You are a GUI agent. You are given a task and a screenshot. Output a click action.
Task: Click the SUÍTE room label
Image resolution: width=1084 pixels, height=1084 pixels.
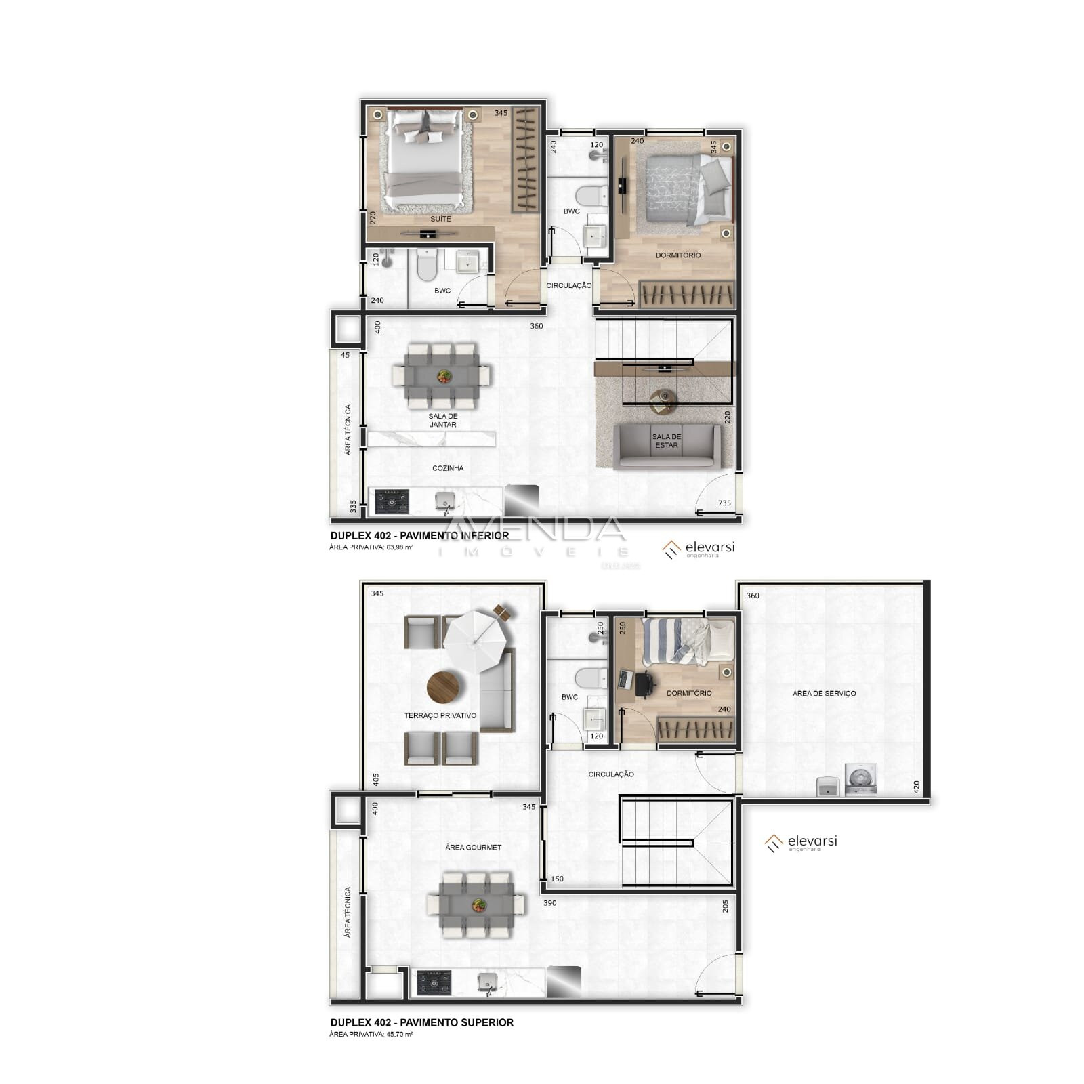tap(440, 219)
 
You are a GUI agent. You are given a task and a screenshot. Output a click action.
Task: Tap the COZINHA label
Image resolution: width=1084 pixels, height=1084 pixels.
tap(448, 468)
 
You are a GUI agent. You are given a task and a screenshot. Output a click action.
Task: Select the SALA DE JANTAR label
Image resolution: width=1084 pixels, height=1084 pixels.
tap(442, 421)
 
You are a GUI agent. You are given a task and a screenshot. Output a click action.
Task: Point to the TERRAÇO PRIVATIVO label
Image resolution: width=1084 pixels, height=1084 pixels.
tap(440, 715)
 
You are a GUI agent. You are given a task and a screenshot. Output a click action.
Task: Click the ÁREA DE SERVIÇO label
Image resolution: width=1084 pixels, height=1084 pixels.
tap(824, 693)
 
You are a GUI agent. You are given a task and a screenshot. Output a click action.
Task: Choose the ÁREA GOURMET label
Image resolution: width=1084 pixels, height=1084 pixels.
tap(474, 847)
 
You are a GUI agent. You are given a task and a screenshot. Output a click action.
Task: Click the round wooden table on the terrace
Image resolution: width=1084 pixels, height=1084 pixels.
tap(442, 687)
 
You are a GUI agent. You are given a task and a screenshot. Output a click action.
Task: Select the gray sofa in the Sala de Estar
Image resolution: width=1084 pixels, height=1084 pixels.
tap(667, 446)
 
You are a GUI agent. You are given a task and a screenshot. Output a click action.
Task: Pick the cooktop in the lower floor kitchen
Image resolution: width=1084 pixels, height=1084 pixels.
tap(392, 501)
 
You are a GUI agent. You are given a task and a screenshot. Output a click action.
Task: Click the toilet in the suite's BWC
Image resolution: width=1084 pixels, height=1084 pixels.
tap(427, 266)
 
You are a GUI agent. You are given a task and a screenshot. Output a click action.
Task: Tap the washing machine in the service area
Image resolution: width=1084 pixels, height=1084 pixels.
tap(860, 779)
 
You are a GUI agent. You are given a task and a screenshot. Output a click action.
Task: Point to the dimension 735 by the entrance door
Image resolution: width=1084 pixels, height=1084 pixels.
tap(724, 503)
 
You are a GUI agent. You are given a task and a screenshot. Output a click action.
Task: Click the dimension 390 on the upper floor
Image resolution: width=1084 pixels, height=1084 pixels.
tap(549, 903)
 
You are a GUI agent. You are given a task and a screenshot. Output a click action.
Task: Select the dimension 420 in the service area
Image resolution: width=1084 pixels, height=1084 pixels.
tap(917, 787)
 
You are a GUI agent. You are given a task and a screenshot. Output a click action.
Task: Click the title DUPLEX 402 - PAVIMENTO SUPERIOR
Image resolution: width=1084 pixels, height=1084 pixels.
tap(421, 1022)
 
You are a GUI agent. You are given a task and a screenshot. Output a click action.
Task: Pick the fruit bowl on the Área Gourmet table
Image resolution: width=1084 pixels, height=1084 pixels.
tap(478, 904)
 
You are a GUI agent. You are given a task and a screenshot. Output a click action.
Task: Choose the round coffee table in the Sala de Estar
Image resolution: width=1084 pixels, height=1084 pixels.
tap(663, 399)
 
